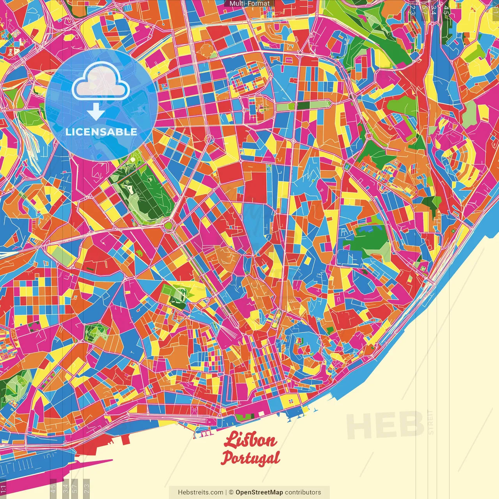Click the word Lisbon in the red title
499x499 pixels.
[x=250, y=440]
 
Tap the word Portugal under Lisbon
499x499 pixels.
[x=250, y=458]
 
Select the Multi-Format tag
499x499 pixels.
[x=249, y=4]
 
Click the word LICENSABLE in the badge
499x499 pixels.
[x=101, y=132]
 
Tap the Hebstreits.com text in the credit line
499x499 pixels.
[x=200, y=492]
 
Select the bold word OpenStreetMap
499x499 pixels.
[x=259, y=492]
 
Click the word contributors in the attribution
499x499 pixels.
[x=303, y=492]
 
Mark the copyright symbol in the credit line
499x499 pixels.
[x=231, y=492]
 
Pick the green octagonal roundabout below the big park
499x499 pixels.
[x=168, y=225]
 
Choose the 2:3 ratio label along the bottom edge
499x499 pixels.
[x=87, y=488]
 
